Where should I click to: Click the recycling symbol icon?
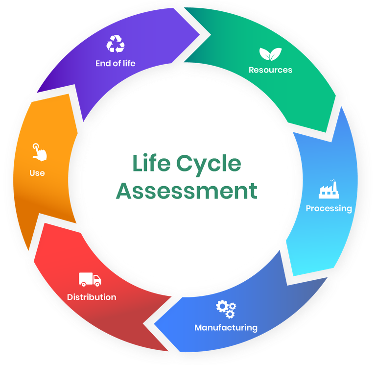[116, 44]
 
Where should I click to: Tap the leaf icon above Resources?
[270, 54]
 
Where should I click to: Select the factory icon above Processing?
[329, 189]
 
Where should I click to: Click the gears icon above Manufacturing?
[226, 309]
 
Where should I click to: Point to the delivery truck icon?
[90, 279]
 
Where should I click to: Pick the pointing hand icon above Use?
[39, 152]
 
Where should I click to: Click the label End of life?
[116, 63]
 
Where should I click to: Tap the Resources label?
[270, 70]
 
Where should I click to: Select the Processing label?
[329, 208]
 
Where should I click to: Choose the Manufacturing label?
[226, 328]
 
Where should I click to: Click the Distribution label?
[92, 297]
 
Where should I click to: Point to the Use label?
[37, 173]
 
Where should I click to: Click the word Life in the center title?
[151, 163]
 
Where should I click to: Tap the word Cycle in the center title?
[209, 165]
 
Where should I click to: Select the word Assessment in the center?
[187, 191]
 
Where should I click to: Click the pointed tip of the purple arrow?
[200, 35]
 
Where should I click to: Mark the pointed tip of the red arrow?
[143, 323]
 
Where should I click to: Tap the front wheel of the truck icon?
[97, 284]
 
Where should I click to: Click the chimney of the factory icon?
[334, 185]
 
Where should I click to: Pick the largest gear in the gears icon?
[222, 306]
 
